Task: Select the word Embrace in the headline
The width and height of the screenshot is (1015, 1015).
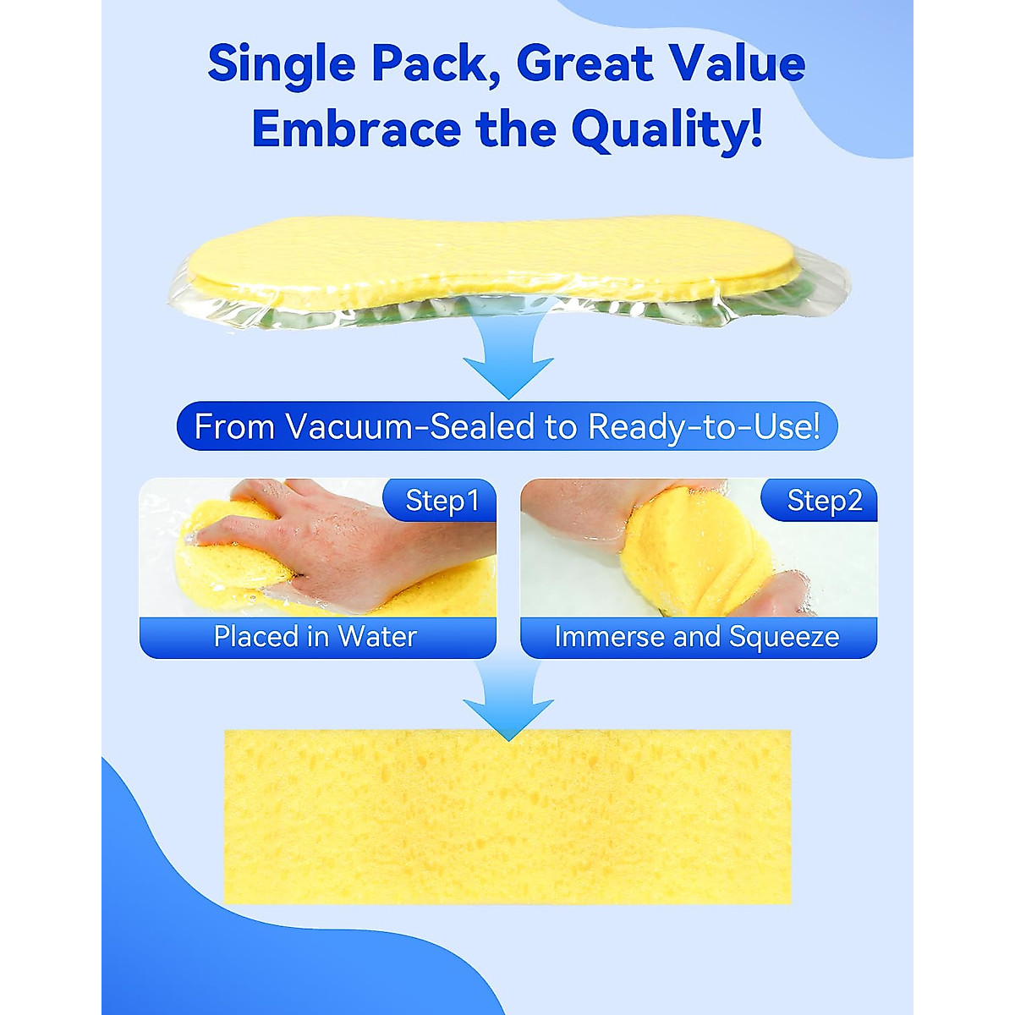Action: pos(356,129)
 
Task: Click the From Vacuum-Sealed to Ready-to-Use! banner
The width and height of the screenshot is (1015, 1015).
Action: pos(507,426)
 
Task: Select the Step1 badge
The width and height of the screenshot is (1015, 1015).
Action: pos(442,501)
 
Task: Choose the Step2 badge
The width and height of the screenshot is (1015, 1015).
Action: pos(823,501)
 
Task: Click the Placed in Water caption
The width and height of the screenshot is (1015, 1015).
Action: pos(315,637)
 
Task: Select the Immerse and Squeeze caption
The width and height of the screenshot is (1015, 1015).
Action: pos(697,637)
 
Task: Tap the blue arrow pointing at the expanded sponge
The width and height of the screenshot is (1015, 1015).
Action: pos(507,702)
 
